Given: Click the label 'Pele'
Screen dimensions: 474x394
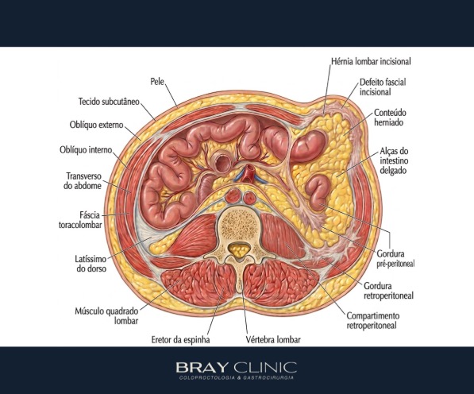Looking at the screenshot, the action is point(157,81).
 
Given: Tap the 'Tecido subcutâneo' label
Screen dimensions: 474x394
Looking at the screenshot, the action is point(109,102).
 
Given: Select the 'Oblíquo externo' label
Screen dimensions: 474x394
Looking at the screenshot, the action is point(96,125).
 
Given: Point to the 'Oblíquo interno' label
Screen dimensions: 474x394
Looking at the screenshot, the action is point(86,149).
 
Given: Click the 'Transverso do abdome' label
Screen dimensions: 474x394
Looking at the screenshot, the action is point(83,181).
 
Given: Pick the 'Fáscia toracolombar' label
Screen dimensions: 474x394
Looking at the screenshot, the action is point(80,220).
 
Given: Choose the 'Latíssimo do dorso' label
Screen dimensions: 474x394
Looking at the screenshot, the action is point(91,264).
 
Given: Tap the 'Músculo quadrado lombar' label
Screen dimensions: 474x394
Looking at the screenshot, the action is point(106,315).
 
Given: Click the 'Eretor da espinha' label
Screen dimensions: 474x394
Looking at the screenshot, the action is point(180,340).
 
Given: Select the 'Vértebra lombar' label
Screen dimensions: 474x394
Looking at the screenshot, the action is point(273,340).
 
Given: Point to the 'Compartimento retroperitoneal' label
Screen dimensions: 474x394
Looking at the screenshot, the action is point(372,320).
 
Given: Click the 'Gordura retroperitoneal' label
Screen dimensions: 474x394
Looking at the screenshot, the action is point(388,291).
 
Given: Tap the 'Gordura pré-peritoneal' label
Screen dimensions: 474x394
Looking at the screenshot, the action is point(395,258).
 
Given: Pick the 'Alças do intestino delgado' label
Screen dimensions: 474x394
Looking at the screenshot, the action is point(394,160).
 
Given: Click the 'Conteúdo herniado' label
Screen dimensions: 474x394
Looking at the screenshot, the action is point(390,118).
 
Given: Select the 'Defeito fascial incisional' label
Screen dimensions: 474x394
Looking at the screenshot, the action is point(383,87).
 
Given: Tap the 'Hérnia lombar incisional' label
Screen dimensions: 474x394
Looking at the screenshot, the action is point(372,61).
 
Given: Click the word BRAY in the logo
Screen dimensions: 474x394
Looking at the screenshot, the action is point(202,368).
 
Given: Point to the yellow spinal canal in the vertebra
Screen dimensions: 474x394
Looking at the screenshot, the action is point(239,249).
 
